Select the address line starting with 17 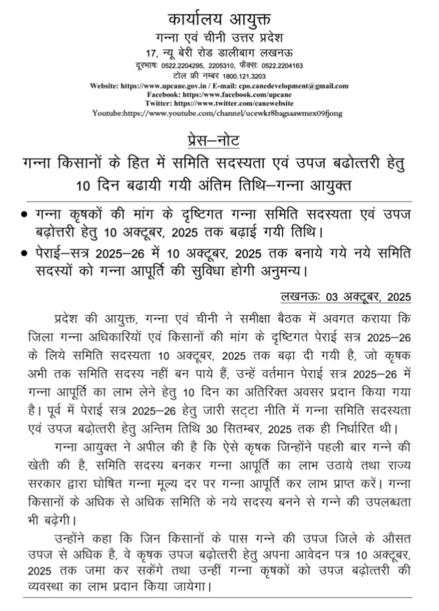219,53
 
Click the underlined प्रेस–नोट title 219,142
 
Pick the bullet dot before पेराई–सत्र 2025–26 24,254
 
